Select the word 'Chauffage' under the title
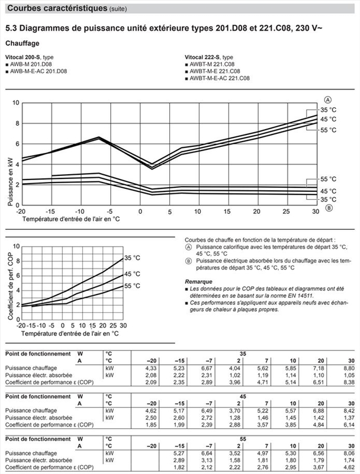point(22,43)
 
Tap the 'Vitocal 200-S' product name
point(22,57)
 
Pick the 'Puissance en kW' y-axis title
point(9,181)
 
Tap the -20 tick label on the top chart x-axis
point(21,212)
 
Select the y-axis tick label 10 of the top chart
point(16,103)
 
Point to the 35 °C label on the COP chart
point(132,258)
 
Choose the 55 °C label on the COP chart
point(132,286)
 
